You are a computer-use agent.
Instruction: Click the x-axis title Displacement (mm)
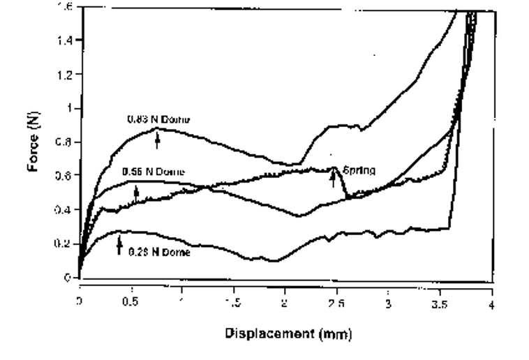(288, 333)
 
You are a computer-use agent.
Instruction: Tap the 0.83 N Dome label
(158, 119)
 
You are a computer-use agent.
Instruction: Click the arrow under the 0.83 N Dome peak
(158, 141)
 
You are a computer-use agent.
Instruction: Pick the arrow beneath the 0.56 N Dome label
(136, 192)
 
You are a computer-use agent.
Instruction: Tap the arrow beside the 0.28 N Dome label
(119, 243)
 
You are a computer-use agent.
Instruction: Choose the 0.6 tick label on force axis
(66, 177)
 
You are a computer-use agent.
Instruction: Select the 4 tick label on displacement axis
(491, 304)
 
